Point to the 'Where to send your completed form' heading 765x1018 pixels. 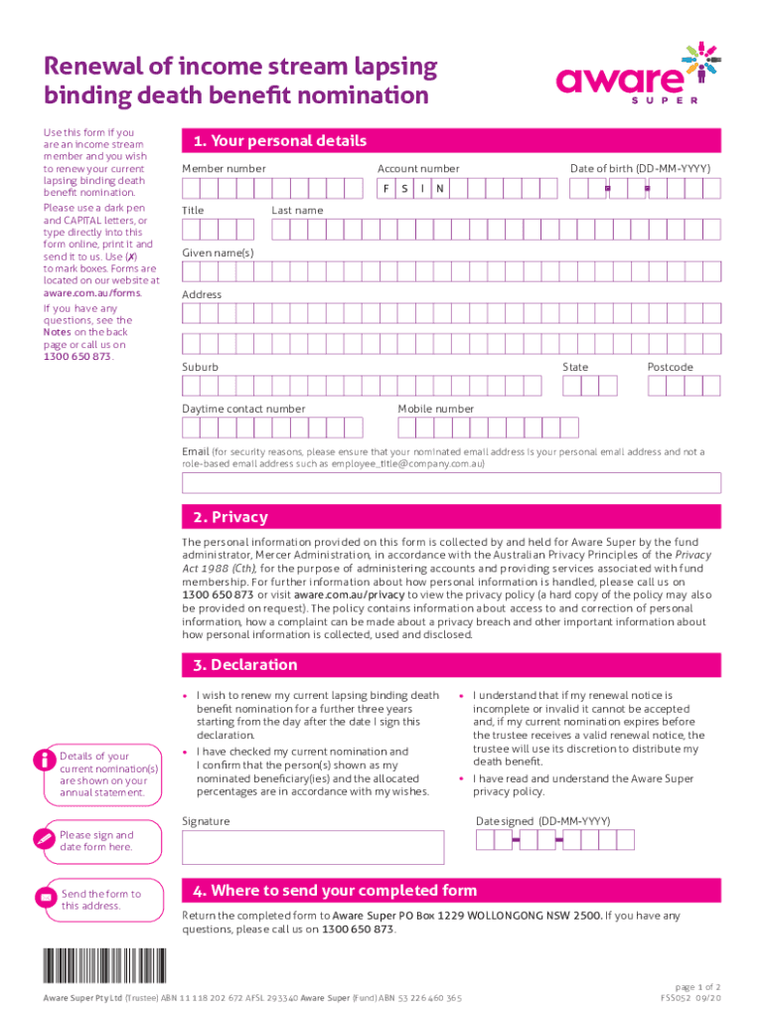344,891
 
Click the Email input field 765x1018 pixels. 451,483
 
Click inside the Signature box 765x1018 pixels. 313,847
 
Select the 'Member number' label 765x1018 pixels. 224,169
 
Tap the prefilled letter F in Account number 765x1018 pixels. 386,188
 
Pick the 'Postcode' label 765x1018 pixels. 671,367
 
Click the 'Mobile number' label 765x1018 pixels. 436,409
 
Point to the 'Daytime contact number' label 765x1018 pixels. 243,409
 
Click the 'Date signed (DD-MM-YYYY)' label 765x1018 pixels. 542,821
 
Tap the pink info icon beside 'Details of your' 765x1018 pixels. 44,761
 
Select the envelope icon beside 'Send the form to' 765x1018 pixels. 44,899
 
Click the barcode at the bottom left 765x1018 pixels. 104,967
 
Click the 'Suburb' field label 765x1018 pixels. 201,367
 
